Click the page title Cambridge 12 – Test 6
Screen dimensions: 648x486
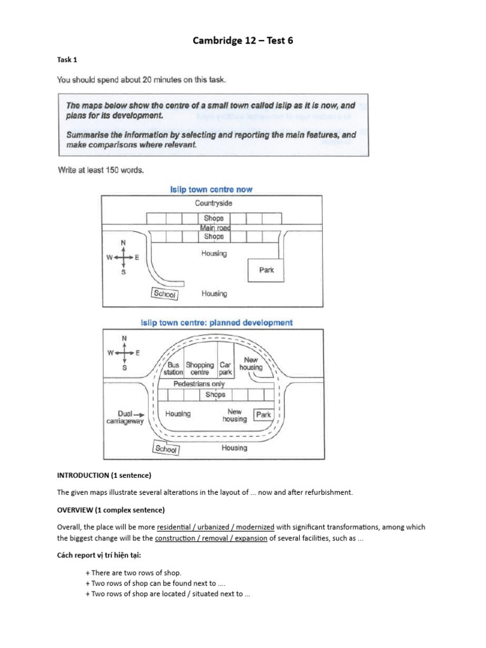(243, 41)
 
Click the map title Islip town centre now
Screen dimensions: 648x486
(212, 189)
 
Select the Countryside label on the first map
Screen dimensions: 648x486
(214, 204)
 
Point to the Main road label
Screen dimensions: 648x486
(214, 227)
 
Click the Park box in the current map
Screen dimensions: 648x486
(266, 270)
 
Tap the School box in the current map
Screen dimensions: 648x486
(165, 294)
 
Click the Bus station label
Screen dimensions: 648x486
(173, 369)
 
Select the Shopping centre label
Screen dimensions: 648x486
(199, 369)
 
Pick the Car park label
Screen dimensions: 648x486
(226, 369)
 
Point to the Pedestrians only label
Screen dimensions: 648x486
(199, 384)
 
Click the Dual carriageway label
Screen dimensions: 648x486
(124, 416)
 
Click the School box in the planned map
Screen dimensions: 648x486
(166, 449)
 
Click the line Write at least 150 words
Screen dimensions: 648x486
(100, 170)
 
